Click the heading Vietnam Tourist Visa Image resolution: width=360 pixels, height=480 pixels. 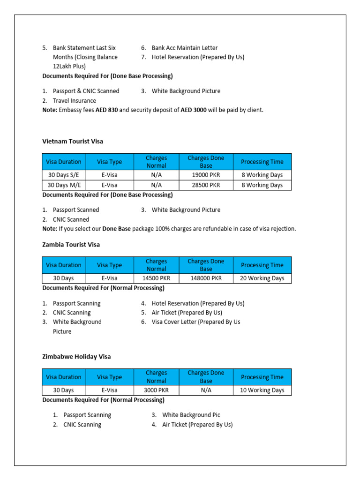(73, 141)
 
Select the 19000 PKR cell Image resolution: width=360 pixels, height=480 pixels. (206, 175)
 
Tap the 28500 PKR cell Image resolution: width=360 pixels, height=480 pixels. (206, 185)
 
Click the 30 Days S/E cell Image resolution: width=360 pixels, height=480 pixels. (64, 175)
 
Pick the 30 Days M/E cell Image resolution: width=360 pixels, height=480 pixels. (64, 185)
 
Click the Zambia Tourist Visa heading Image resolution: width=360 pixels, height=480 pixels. (71, 245)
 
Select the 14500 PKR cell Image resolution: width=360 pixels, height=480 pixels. (156, 278)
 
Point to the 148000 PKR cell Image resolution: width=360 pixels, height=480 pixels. (206, 278)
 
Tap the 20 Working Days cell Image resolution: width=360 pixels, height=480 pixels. (262, 278)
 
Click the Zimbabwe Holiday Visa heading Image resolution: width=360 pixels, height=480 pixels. (76, 357)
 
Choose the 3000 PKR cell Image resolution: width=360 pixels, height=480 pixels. (156, 390)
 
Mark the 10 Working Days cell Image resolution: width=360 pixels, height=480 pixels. (262, 390)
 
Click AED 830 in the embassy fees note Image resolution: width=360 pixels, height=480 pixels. (106, 110)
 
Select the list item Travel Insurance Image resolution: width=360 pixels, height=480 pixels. (74, 101)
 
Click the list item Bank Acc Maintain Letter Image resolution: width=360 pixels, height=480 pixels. (184, 48)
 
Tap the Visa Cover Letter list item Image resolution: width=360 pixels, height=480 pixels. (196, 322)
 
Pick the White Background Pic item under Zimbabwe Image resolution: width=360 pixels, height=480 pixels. (191, 415)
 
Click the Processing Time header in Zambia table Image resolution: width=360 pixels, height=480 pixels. (262, 265)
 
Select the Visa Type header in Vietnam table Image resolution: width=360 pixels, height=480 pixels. (109, 162)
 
